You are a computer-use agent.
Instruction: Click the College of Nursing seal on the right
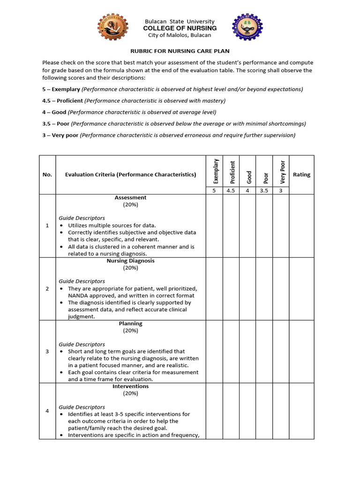(x=248, y=28)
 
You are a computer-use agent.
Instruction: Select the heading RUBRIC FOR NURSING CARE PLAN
(x=180, y=51)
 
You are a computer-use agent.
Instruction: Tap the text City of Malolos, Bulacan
(x=180, y=35)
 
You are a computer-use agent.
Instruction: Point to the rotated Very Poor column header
(x=282, y=172)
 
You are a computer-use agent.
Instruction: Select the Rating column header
(x=301, y=174)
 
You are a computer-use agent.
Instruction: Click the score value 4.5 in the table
(x=231, y=191)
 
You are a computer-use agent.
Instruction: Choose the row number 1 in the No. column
(x=47, y=225)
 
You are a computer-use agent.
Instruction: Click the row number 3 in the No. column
(x=47, y=352)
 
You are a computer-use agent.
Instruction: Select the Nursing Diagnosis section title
(x=130, y=261)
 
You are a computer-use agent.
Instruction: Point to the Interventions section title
(x=130, y=386)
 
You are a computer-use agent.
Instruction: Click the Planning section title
(x=130, y=323)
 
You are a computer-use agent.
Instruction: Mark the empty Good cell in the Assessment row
(x=247, y=225)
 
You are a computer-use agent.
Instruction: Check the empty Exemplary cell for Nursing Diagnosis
(x=214, y=289)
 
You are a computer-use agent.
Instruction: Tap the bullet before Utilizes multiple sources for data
(x=61, y=225)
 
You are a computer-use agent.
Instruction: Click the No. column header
(x=47, y=174)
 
